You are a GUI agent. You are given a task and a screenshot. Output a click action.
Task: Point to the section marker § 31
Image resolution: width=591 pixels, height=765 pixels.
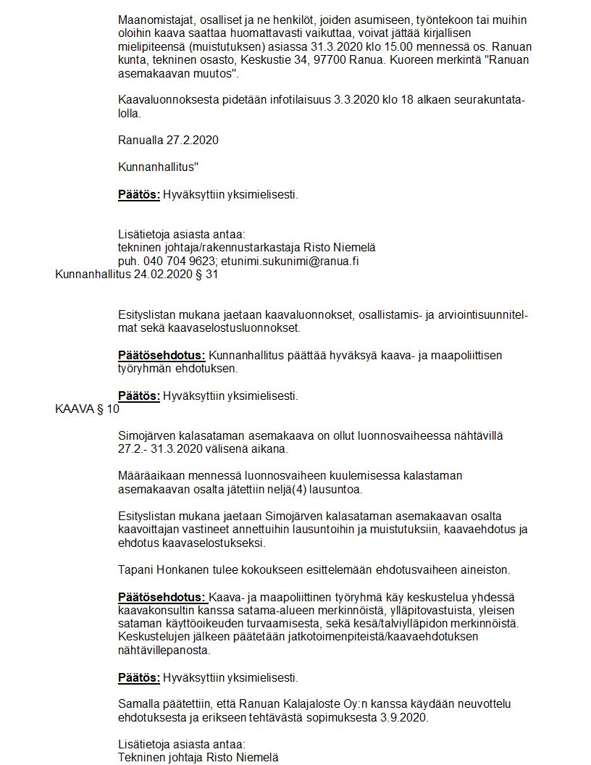pos(206,275)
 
